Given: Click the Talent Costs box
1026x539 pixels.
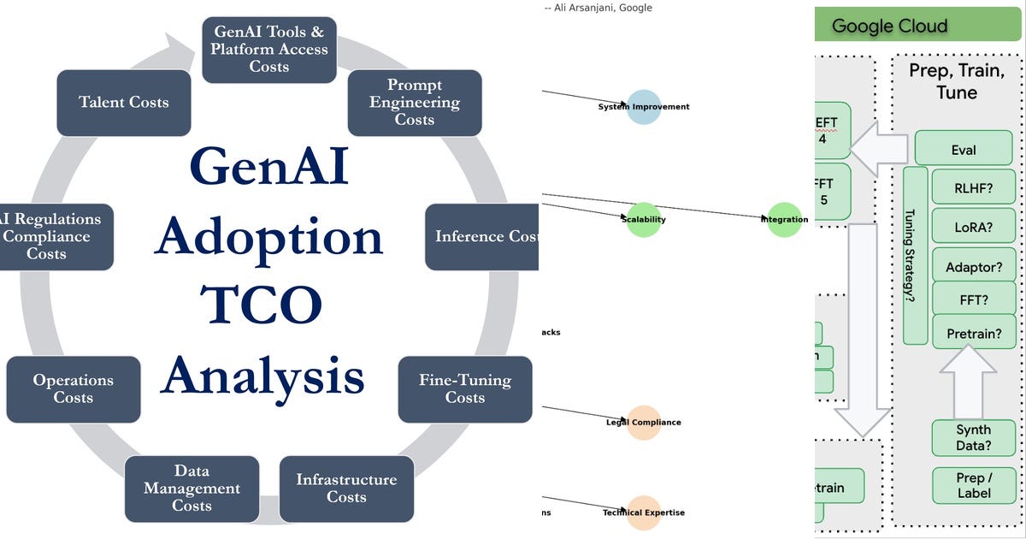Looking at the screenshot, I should pos(124,103).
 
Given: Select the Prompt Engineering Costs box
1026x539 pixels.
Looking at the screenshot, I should pos(415,103).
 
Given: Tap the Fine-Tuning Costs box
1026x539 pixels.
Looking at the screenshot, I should pos(465,389).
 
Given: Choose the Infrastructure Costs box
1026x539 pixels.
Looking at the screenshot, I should pos(346,489).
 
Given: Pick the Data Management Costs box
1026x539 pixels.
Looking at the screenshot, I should pos(192,489).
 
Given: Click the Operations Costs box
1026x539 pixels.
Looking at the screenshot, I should pos(74,389).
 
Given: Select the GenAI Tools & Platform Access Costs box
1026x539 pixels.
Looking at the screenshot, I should pos(269,50).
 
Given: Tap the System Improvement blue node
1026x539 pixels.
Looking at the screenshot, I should pos(644,107).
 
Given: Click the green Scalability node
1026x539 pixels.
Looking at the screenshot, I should pos(644,220).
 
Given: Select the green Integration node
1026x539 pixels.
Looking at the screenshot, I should pos(784,220).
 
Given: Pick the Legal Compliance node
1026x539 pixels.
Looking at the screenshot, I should pos(644,423).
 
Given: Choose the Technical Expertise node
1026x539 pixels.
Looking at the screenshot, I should pos(644,513).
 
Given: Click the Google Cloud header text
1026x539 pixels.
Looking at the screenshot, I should pos(889,26).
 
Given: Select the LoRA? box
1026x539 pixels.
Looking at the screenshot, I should pos(974,227).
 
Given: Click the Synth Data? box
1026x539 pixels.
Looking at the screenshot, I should pos(974,438).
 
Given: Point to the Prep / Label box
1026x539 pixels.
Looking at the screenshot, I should pos(974,485).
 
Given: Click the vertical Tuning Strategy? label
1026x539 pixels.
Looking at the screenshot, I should pos(915,255).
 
